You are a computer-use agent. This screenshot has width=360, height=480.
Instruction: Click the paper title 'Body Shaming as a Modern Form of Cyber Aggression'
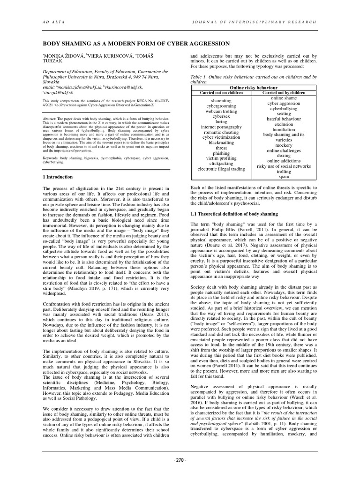(x=136, y=44)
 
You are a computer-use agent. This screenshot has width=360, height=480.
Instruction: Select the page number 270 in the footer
(x=180, y=473)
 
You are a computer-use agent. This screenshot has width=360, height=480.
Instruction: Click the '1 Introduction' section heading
(x=58, y=177)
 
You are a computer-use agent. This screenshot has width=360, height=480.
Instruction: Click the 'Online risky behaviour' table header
(x=254, y=88)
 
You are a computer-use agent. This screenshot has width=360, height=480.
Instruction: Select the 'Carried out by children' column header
(x=285, y=93)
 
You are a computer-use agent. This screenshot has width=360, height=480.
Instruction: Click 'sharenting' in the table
(x=221, y=101)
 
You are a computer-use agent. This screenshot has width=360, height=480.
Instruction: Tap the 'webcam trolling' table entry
(x=221, y=111)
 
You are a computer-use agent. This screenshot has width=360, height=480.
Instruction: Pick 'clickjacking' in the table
(x=221, y=163)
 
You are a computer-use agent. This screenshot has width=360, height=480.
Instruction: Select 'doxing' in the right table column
(x=284, y=155)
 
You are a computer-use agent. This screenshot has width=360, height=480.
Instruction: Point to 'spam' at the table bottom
(x=284, y=177)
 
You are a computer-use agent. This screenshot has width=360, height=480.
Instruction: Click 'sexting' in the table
(x=284, y=113)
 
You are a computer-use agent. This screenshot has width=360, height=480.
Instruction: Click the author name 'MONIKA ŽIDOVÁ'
(x=64, y=55)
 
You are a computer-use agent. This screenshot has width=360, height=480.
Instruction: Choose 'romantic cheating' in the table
(x=221, y=132)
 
